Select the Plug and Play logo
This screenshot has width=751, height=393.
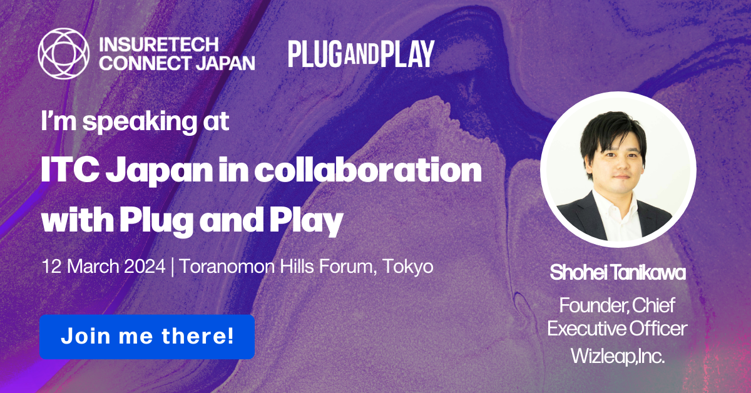pyautogui.click(x=361, y=54)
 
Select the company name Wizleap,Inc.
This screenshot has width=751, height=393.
pyautogui.click(x=617, y=356)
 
